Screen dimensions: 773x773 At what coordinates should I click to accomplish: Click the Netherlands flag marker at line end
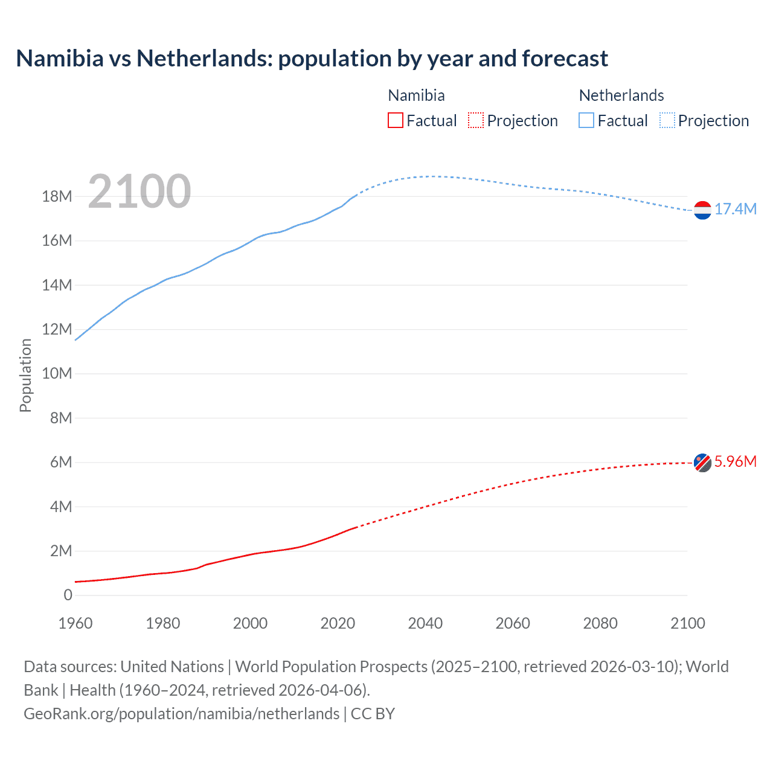coord(702,210)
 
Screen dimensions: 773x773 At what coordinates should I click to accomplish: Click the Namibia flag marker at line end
coord(702,463)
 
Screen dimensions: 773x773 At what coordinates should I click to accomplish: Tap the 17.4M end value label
coord(736,210)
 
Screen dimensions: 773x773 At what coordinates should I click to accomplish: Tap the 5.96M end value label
coord(736,462)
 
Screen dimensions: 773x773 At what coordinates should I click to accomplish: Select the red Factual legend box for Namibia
coord(396,121)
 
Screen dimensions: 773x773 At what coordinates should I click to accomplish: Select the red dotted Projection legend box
coord(476,121)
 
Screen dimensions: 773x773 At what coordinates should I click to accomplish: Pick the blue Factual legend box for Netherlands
coord(586,121)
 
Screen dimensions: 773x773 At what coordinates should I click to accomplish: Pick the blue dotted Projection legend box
coord(667,121)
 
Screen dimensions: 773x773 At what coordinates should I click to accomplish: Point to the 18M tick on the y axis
coord(57,197)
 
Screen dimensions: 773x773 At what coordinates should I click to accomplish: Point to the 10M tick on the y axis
coord(57,374)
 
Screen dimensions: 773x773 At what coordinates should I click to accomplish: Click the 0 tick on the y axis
coord(68,595)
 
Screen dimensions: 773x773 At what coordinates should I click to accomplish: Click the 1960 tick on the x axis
coord(75,623)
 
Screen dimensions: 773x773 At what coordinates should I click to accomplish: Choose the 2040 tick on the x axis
coord(425,623)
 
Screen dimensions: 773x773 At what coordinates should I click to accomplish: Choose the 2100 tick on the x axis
coord(688,623)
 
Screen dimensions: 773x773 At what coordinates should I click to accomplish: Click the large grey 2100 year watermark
coord(140,191)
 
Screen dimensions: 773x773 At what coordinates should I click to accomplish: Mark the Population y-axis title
coord(25,375)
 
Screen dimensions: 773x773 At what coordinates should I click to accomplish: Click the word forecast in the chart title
coord(565,59)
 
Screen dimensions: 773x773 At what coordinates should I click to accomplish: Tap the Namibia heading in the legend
coord(416,95)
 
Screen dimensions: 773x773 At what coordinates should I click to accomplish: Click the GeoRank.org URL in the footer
coord(181,714)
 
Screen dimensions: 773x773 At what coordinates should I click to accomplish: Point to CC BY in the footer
coord(373,714)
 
